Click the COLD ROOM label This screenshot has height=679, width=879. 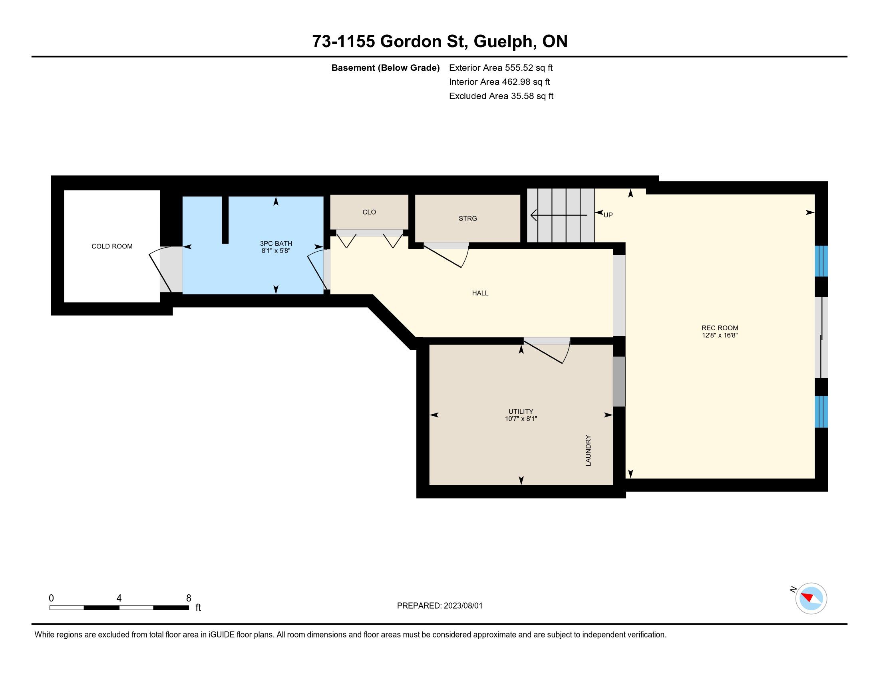tap(112, 246)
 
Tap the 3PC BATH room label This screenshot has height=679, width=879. tap(276, 243)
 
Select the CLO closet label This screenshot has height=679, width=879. tap(369, 212)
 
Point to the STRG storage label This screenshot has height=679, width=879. tap(468, 218)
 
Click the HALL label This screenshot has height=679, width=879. tap(480, 293)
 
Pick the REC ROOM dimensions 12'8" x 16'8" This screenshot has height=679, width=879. tap(720, 335)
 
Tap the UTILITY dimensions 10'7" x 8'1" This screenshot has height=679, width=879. tap(521, 419)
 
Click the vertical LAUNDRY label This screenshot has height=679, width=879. tap(588, 451)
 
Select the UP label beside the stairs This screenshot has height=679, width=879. tap(608, 215)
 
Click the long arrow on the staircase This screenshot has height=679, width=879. tap(559, 215)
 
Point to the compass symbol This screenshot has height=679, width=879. tap(811, 598)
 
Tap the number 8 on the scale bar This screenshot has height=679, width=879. tap(188, 598)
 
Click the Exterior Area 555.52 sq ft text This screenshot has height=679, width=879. tap(501, 68)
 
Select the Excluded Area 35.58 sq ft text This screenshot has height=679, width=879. tap(501, 96)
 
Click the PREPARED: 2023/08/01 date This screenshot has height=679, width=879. tap(439, 606)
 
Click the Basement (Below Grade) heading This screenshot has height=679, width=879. tap(385, 68)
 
